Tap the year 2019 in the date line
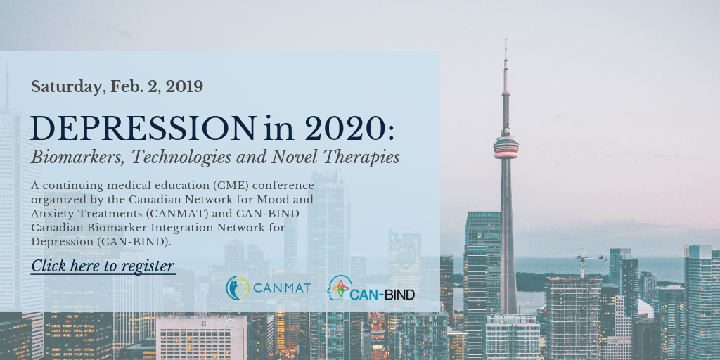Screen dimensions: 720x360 (184, 86)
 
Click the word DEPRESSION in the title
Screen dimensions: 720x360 (143, 128)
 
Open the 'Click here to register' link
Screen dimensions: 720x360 (103, 266)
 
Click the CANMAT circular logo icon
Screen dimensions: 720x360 (238, 288)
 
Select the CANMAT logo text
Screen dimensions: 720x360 (281, 288)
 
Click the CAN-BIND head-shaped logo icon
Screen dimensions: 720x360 (340, 288)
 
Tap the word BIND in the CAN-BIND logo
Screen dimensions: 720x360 (399, 295)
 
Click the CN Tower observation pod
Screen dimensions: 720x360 (506, 148)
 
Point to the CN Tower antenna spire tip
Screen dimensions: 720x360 (506, 36)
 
